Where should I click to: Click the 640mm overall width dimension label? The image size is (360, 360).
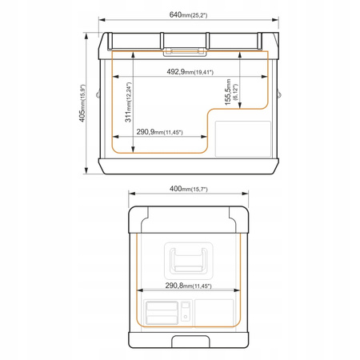(188, 14)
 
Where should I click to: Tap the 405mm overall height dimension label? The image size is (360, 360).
(82, 103)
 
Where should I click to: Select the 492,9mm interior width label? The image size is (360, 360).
(190, 72)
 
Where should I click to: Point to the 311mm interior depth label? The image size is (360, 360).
(128, 102)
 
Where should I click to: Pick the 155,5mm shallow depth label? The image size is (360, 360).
(231, 92)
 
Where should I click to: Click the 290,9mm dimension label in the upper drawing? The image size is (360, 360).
(159, 132)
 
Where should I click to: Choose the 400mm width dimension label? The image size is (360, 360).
(188, 189)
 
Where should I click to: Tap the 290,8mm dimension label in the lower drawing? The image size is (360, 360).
(188, 286)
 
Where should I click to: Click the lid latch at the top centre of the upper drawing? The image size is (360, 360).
(185, 52)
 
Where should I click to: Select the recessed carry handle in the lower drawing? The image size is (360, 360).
(189, 261)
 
